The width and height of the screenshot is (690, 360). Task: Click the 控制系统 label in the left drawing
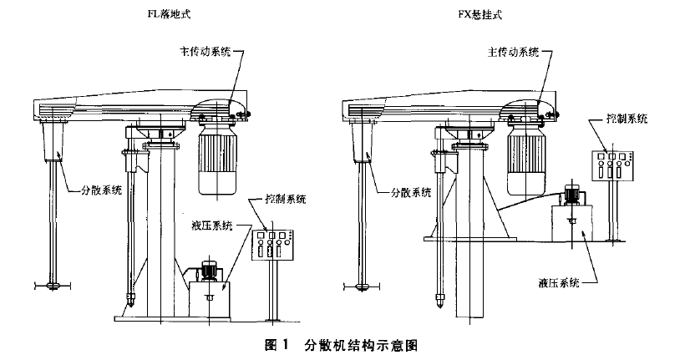click(285, 200)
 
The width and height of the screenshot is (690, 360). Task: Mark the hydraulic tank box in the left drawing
click(208, 299)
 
